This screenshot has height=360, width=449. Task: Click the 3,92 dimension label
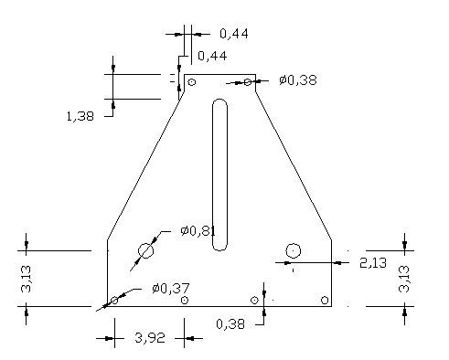(150, 338)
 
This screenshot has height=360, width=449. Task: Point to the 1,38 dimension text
(80, 116)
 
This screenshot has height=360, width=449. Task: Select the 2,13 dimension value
(373, 263)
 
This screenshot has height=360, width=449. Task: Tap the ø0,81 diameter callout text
(198, 231)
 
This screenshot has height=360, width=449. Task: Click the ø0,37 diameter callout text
(171, 288)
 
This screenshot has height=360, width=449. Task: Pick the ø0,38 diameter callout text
(298, 80)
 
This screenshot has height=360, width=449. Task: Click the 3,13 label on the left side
(26, 279)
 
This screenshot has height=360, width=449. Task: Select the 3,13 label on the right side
(404, 279)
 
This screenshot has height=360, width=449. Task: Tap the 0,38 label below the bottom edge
(230, 324)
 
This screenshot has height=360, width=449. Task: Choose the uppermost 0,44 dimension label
(234, 34)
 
